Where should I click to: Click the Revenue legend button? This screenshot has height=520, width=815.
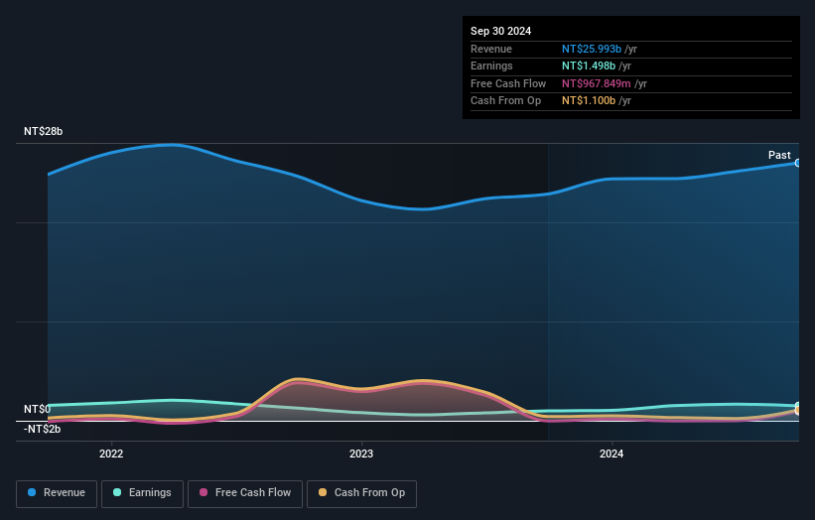pyautogui.click(x=57, y=493)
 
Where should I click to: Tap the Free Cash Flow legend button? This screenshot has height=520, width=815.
pyautogui.click(x=243, y=493)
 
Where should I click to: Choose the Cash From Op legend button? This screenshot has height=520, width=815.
pyautogui.click(x=361, y=493)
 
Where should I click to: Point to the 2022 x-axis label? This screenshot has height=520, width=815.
pyautogui.click(x=111, y=454)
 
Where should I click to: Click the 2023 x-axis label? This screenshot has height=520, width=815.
pyautogui.click(x=361, y=454)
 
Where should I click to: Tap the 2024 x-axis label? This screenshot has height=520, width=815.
pyautogui.click(x=611, y=454)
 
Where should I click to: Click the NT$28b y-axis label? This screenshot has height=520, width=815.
pyautogui.click(x=44, y=132)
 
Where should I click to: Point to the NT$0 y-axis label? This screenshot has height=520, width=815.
pyautogui.click(x=37, y=409)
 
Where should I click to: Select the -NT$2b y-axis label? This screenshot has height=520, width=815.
pyautogui.click(x=42, y=429)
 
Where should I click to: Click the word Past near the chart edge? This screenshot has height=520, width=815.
pyautogui.click(x=779, y=156)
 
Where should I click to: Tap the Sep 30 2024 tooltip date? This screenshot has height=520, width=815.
pyautogui.click(x=500, y=31)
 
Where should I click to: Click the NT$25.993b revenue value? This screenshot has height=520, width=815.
pyautogui.click(x=592, y=49)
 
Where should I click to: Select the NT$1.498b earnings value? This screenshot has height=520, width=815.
pyautogui.click(x=589, y=65)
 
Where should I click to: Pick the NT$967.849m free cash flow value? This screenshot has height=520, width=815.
pyautogui.click(x=597, y=83)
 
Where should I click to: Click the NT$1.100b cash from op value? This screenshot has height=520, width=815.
pyautogui.click(x=589, y=100)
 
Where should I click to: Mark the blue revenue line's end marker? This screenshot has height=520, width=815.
pyautogui.click(x=797, y=163)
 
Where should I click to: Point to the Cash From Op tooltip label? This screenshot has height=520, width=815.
pyautogui.click(x=505, y=100)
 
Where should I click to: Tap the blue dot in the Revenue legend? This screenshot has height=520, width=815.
pyautogui.click(x=33, y=493)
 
